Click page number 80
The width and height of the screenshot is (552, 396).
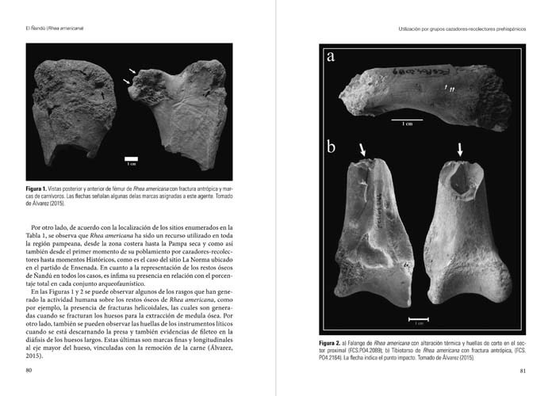(29, 370)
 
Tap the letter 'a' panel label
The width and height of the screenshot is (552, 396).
(331, 57)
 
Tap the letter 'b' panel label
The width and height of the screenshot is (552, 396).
(332, 147)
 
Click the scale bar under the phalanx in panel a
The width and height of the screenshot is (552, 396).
(406, 120)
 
